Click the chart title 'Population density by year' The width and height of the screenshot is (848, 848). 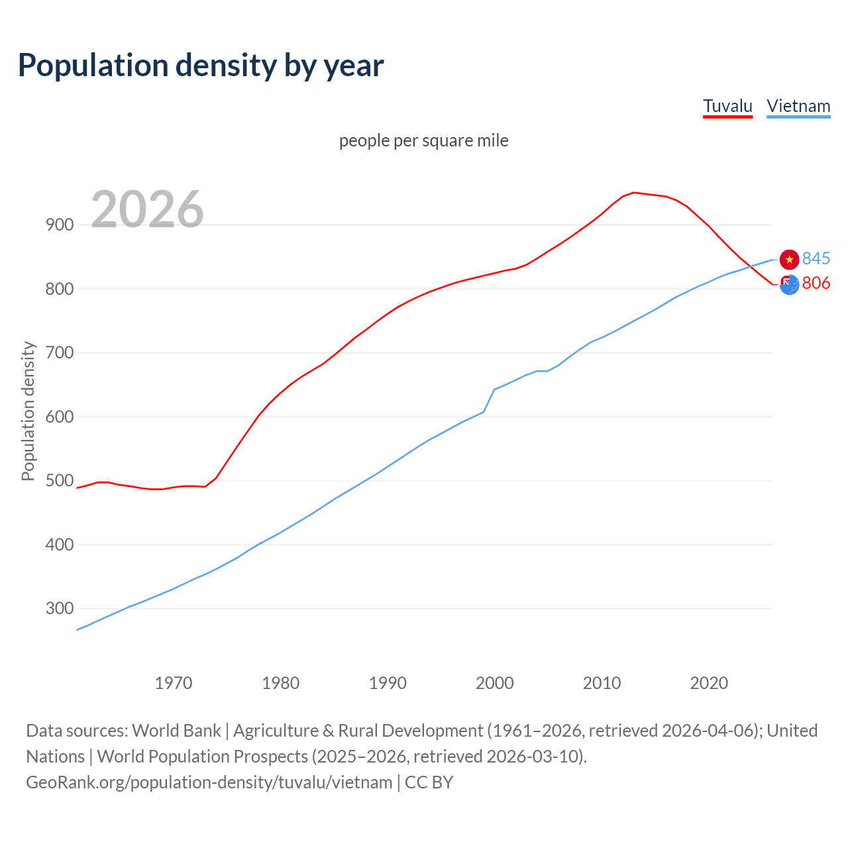(x=201, y=65)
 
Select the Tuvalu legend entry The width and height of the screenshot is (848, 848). (x=727, y=106)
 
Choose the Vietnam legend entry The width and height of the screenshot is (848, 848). (x=798, y=106)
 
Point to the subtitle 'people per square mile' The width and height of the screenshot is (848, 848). (x=423, y=140)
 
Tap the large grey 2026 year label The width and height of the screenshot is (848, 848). (x=147, y=209)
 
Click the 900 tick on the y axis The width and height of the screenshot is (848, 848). (x=60, y=225)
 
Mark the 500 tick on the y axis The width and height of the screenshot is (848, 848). (x=60, y=480)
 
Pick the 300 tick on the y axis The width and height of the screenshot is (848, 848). (x=60, y=608)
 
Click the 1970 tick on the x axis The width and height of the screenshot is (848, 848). (x=174, y=682)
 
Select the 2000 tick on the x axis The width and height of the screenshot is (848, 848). (x=495, y=682)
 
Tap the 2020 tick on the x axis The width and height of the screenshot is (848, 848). (x=709, y=682)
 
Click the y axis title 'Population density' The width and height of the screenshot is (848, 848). (x=28, y=411)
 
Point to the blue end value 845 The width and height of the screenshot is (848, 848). (x=816, y=258)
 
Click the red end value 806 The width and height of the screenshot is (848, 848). (x=816, y=283)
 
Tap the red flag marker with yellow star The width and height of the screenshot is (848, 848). (x=789, y=260)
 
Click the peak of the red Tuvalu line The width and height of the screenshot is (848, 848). (x=633, y=193)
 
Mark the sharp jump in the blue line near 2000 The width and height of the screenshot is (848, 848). (x=490, y=400)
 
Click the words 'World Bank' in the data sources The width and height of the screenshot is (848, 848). (x=176, y=730)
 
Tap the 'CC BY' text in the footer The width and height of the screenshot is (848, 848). (x=429, y=782)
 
